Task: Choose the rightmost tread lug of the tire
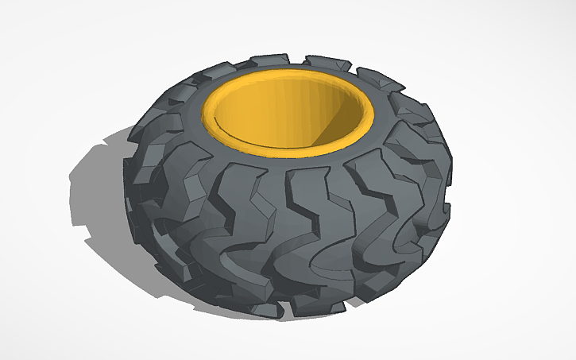442,183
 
